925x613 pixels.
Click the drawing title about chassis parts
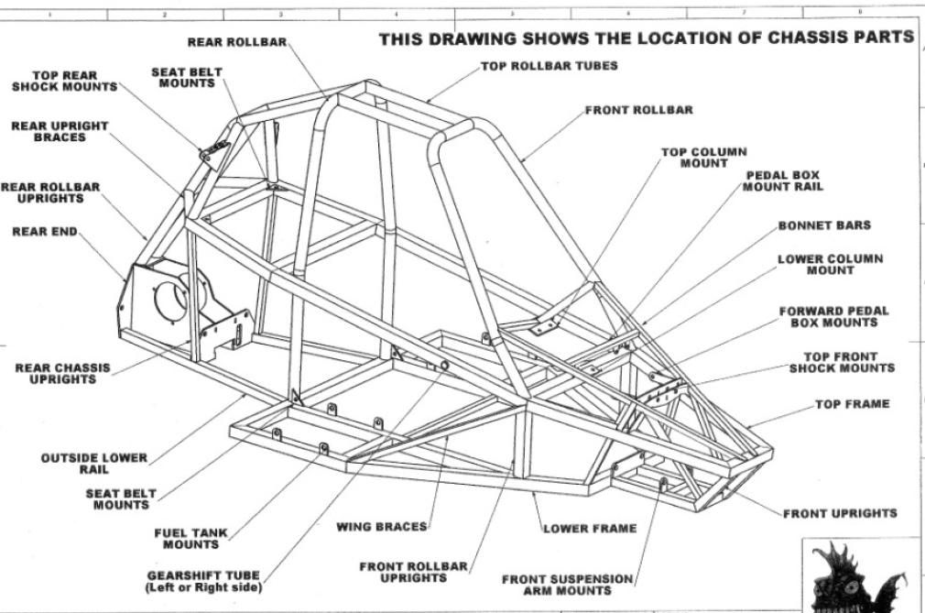pyautogui.click(x=647, y=38)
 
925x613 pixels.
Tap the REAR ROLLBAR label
pyautogui.click(x=237, y=42)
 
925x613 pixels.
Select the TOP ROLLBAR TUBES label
pyautogui.click(x=549, y=66)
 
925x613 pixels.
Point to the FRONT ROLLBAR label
pyautogui.click(x=638, y=110)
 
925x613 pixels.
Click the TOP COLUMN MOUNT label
pyautogui.click(x=703, y=158)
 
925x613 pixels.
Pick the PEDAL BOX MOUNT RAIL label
pyautogui.click(x=782, y=181)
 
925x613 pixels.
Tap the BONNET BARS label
pyautogui.click(x=824, y=225)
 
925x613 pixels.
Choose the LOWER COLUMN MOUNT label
pyautogui.click(x=830, y=265)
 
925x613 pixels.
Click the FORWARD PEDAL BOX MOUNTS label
pyautogui.click(x=833, y=317)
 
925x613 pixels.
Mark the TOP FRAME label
pyautogui.click(x=852, y=404)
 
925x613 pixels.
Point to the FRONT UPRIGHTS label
pyautogui.click(x=840, y=513)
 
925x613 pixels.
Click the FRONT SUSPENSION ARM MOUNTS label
pyautogui.click(x=567, y=585)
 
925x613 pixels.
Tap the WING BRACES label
pyautogui.click(x=382, y=527)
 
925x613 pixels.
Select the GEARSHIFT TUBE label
pyautogui.click(x=203, y=582)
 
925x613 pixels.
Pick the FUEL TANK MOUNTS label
pyautogui.click(x=190, y=539)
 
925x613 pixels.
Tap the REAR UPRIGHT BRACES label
pyautogui.click(x=60, y=131)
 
